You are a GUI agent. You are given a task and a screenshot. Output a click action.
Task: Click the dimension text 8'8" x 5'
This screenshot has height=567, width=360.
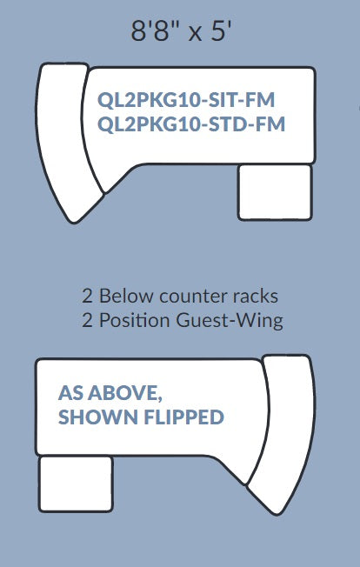180,31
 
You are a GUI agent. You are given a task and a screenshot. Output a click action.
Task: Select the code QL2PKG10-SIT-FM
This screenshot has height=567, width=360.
186,100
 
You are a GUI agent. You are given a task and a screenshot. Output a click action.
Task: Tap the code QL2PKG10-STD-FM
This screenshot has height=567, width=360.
191,124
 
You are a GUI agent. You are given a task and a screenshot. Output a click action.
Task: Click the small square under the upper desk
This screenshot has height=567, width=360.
275,192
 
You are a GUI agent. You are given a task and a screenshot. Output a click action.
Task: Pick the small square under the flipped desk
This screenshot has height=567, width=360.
76,484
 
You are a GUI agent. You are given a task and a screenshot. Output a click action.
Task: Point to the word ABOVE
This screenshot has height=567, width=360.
125,393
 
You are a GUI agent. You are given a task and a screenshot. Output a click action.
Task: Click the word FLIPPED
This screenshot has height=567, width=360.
184,417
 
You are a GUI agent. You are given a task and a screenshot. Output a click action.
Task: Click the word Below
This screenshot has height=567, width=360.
126,297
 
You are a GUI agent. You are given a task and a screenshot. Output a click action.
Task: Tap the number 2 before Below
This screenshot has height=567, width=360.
87,297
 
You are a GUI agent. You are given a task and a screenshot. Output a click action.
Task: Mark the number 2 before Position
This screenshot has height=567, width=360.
87,320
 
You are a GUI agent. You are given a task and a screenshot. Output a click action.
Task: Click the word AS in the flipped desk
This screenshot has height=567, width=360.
70,393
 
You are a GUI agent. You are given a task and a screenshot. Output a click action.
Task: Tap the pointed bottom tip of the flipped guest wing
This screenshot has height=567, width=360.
277,514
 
